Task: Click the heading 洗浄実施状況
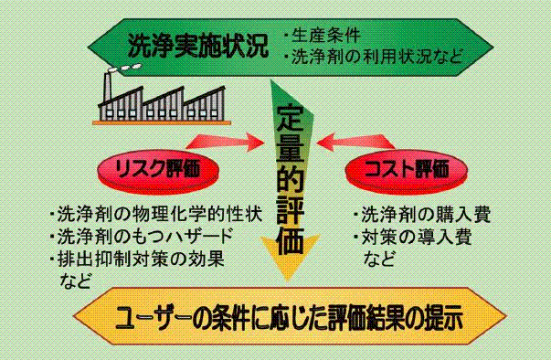[198, 46]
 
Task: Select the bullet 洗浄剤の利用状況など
[377, 57]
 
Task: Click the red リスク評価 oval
[158, 172]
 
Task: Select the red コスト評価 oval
[407, 172]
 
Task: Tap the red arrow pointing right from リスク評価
[225, 142]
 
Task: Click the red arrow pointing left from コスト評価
[355, 142]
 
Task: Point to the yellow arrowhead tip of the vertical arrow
[288, 281]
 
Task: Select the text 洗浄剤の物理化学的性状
[160, 214]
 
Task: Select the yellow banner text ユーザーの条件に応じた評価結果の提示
[289, 318]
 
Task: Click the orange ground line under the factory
[162, 122]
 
